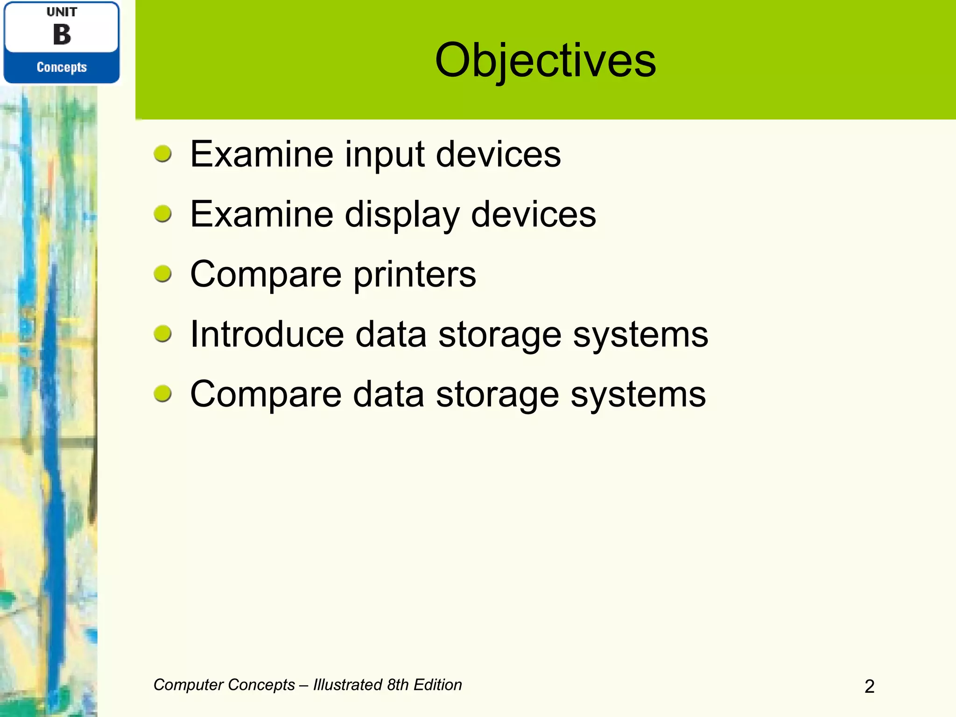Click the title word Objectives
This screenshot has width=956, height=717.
pos(545,61)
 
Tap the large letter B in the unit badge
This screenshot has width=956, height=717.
pos(62,35)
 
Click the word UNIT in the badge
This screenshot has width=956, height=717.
pos(62,12)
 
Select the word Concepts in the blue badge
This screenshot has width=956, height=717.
pos(62,67)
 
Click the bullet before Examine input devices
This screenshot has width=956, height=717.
pos(162,154)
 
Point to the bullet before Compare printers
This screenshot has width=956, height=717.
pos(162,274)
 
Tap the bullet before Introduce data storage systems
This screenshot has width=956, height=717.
pos(162,334)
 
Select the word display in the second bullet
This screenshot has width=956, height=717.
pos(402,215)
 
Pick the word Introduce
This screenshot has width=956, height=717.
pos(267,334)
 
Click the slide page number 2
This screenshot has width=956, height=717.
pos(869,686)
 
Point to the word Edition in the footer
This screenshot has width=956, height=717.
pos(437,685)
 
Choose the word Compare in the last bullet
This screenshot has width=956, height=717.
pos(266,395)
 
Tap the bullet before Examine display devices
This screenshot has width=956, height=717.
pos(162,214)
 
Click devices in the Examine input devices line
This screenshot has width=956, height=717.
pos(498,154)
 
